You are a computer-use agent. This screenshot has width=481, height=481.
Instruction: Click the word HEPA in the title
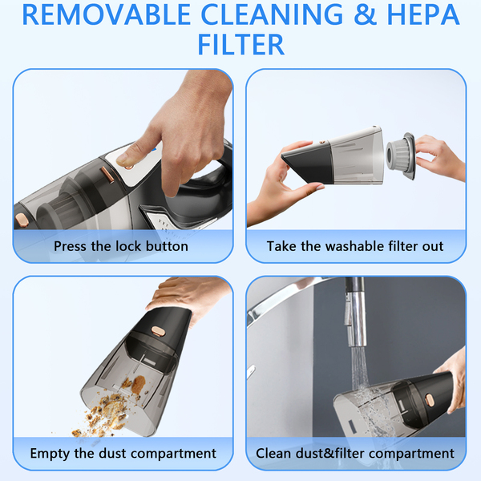[x=423, y=14]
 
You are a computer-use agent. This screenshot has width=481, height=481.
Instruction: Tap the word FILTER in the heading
[x=241, y=45]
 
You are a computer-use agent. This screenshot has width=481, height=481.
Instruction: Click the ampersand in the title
[x=365, y=14]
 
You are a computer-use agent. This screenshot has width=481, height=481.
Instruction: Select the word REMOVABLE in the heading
[x=107, y=14]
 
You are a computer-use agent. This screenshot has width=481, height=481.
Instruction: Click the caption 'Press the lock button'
[x=121, y=246]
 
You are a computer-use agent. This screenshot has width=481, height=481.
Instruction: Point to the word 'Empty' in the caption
[x=51, y=454]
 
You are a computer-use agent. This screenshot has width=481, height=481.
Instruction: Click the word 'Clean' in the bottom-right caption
[x=273, y=453]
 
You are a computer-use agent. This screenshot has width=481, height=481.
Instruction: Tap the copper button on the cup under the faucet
[x=429, y=398]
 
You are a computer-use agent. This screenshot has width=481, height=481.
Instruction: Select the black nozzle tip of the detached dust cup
[x=307, y=164]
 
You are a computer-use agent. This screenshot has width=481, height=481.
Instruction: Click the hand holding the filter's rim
[x=442, y=158]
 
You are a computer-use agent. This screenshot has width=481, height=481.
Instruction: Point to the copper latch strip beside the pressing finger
[x=107, y=174]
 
